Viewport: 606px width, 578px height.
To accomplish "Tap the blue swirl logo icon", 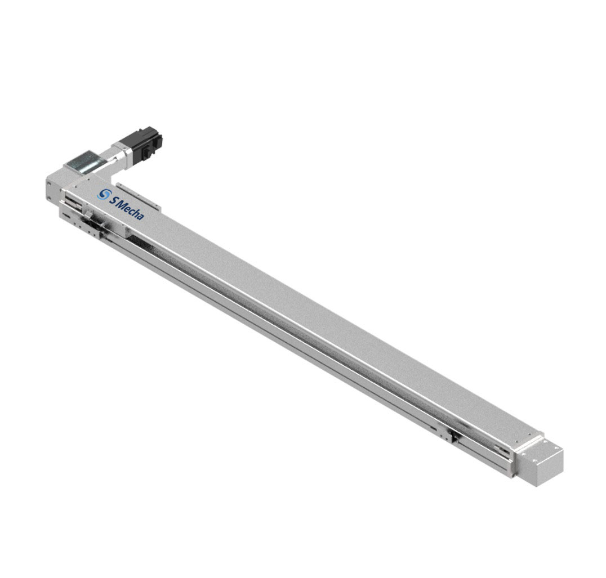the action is pyautogui.click(x=103, y=194).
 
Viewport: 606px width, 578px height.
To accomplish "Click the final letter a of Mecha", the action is pyautogui.click(x=141, y=217).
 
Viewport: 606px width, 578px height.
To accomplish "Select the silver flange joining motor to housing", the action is pyautogui.click(x=119, y=156).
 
